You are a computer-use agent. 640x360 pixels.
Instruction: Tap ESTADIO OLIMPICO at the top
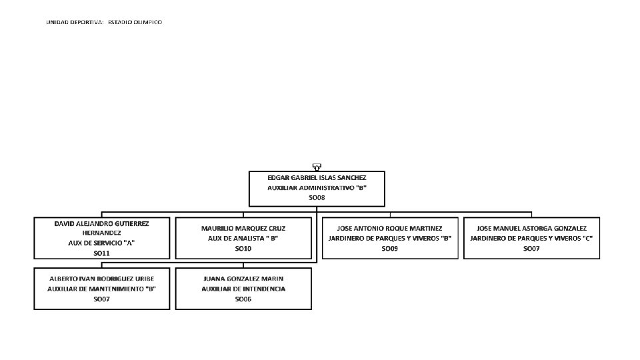[x=135, y=22]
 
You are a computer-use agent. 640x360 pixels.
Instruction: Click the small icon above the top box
[x=317, y=167]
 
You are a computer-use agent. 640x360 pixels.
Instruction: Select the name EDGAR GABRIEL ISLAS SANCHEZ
[x=317, y=178]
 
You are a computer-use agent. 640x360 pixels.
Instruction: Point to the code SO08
[x=317, y=198]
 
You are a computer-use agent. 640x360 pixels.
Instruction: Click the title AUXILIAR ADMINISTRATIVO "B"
[x=317, y=188]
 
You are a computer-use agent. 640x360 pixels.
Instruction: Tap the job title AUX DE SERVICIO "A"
[x=101, y=243]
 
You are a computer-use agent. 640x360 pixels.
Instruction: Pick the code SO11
[x=101, y=253]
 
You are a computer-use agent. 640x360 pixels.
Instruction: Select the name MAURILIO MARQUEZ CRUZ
[x=243, y=228]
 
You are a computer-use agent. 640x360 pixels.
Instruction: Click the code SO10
[x=243, y=248]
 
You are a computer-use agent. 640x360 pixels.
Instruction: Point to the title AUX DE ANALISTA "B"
[x=243, y=238]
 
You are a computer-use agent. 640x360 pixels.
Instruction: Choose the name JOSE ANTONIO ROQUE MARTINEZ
[x=390, y=228]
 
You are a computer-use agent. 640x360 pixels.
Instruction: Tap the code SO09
[x=390, y=248]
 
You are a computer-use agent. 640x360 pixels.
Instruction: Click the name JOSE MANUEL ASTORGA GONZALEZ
[x=531, y=228]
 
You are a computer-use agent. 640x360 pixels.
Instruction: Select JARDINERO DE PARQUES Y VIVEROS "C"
[x=531, y=238]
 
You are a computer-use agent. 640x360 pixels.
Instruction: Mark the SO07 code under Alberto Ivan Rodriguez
[x=101, y=299]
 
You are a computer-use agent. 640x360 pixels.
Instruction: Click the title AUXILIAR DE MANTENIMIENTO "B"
[x=101, y=289]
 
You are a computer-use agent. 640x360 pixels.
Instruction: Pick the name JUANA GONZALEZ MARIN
[x=243, y=278]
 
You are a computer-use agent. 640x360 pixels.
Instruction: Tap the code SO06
[x=243, y=299]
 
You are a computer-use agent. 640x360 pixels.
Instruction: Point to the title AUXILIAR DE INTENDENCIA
[x=243, y=289]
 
